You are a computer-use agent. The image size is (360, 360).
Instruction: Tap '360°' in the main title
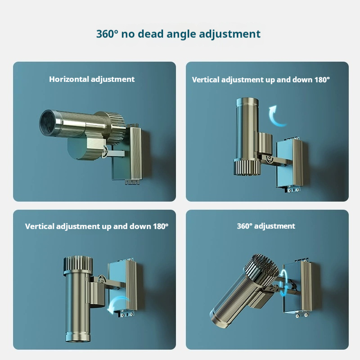pos(107,34)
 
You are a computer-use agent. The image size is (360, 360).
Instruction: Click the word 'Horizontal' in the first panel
pos(69,79)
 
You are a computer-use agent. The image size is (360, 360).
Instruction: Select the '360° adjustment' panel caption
pos(266,226)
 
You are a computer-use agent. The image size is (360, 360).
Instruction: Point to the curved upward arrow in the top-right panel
pos(277,116)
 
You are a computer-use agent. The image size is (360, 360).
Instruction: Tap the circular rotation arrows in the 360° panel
pos(284,283)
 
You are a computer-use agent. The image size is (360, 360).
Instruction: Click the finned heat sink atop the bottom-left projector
pos(78,264)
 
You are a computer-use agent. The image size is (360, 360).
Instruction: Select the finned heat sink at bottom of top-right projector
pos(247,167)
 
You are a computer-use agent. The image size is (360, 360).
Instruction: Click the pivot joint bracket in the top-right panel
pos(268,159)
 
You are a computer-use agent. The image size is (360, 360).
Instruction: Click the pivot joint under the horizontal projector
pos(105,152)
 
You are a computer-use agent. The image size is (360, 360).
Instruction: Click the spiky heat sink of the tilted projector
pos(261,268)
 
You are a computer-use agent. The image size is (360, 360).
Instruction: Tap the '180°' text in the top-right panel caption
pos(322,80)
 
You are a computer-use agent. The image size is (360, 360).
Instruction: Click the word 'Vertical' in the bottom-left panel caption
pos(40,226)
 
